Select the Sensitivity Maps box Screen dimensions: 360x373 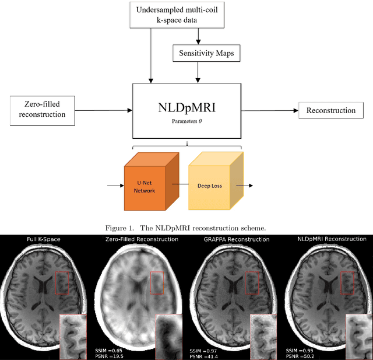[x=198, y=53]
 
